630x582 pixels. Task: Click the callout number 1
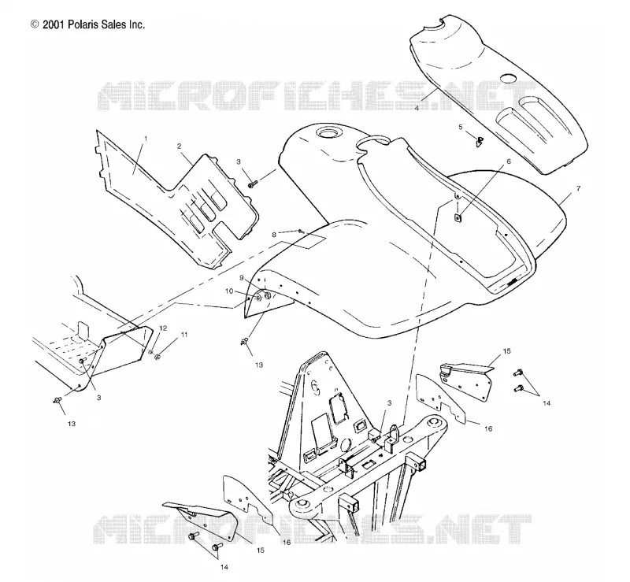click(x=146, y=139)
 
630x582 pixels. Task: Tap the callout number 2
click(x=180, y=146)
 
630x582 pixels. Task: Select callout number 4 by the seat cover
click(x=417, y=108)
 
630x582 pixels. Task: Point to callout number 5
click(x=461, y=127)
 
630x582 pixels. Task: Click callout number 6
click(x=509, y=161)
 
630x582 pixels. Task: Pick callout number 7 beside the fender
click(x=578, y=188)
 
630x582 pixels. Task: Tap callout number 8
click(x=274, y=235)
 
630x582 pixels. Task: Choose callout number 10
click(x=229, y=291)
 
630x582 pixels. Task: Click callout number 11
click(x=184, y=335)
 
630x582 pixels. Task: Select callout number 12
click(x=163, y=328)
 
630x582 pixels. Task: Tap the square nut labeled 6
click(x=458, y=218)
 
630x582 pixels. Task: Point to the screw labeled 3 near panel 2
click(x=253, y=185)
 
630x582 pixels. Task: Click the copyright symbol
click(x=35, y=25)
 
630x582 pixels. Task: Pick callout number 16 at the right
click(x=488, y=429)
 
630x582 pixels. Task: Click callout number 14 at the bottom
click(x=224, y=567)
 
